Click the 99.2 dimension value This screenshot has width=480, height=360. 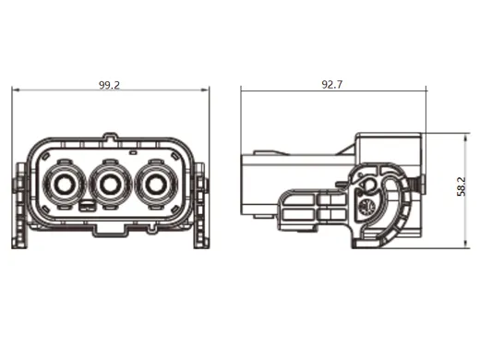coord(110,84)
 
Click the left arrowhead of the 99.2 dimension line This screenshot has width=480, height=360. coord(14,90)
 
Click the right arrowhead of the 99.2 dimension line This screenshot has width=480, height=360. coord(208,90)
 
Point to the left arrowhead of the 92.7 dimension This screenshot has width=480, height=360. coord(244,90)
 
